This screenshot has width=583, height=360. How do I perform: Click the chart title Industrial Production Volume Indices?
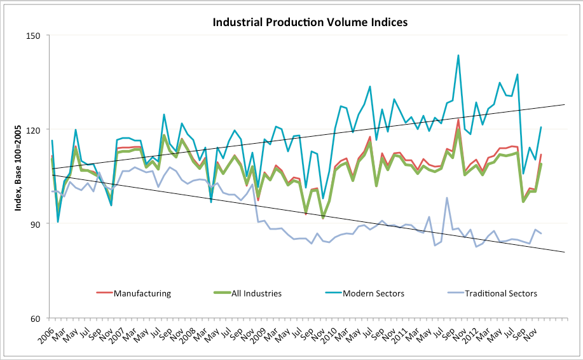310,22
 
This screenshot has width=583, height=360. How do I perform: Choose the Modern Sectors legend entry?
372,293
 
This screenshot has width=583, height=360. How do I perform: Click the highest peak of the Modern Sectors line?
458,55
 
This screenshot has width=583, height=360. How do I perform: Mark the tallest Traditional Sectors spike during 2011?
447,198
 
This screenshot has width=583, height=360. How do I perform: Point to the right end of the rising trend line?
565,104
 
